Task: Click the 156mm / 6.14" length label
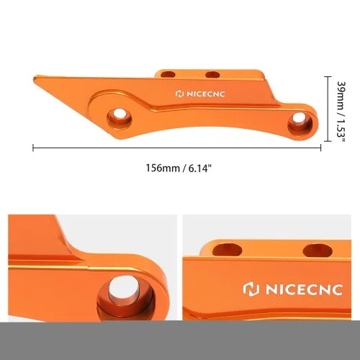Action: [179, 168]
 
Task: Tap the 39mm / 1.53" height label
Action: [341, 112]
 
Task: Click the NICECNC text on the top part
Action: [206, 94]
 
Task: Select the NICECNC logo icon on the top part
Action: [180, 94]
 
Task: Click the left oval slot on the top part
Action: [168, 74]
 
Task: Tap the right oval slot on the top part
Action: [212, 74]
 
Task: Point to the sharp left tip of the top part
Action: [34, 78]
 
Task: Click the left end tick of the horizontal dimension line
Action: [33, 148]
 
